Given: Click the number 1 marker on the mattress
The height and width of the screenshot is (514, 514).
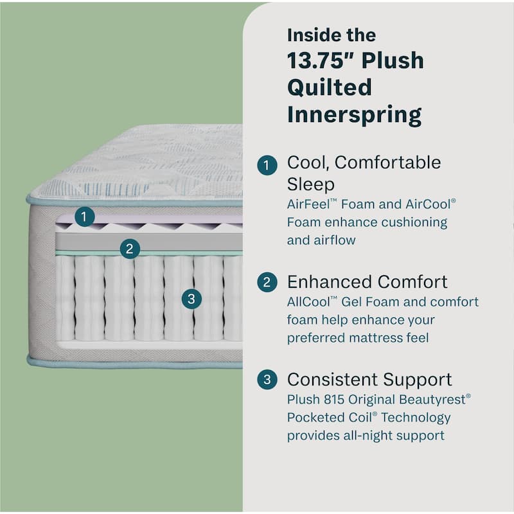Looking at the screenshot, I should pyautogui.click(x=84, y=217).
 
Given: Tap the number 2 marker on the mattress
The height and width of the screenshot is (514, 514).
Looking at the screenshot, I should pyautogui.click(x=130, y=249).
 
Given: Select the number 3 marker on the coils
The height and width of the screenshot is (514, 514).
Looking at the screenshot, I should pyautogui.click(x=191, y=298).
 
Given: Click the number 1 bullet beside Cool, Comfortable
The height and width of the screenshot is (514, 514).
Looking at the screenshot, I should pyautogui.click(x=267, y=165).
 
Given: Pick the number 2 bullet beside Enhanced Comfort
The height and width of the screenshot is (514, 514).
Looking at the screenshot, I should pyautogui.click(x=267, y=283).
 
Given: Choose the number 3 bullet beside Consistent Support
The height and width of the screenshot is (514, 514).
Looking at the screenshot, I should pyautogui.click(x=267, y=380).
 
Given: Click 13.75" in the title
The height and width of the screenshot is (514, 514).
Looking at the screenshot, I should pyautogui.click(x=319, y=60).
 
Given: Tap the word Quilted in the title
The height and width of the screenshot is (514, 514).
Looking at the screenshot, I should pyautogui.click(x=329, y=87).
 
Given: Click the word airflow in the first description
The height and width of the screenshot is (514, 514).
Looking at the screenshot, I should pyautogui.click(x=335, y=240).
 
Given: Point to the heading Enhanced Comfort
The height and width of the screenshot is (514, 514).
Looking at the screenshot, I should pyautogui.click(x=368, y=282).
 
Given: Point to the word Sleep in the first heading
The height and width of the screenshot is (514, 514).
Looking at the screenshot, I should pyautogui.click(x=311, y=185).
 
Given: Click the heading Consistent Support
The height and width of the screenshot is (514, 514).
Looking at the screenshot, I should pyautogui.click(x=369, y=379).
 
